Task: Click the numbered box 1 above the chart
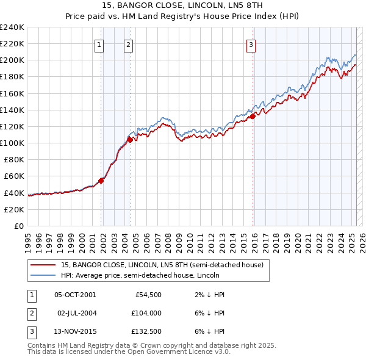[x=99, y=43]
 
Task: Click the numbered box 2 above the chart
[x=129, y=43]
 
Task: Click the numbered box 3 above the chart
[x=251, y=43]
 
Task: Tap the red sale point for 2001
[x=101, y=180]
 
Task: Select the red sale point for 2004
[x=130, y=139]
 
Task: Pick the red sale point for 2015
[x=253, y=116]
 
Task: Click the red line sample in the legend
[x=43, y=265]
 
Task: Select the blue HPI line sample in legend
[x=43, y=275]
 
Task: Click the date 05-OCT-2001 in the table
[x=75, y=295]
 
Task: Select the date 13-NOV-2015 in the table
[x=75, y=331]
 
